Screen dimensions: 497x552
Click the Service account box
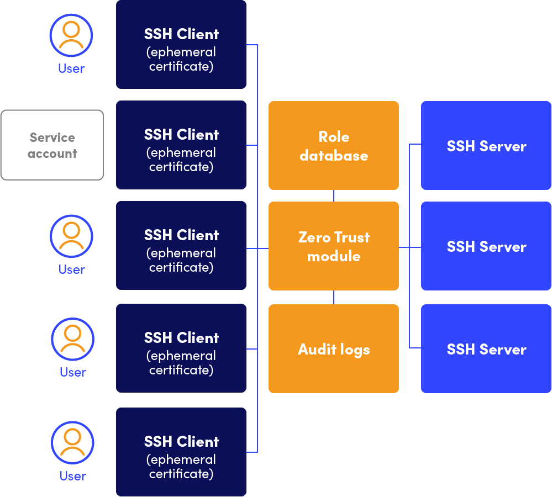[52, 145]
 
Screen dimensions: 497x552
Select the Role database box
[333, 146]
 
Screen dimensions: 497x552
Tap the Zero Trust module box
[333, 246]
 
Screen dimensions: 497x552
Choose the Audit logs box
[333, 349]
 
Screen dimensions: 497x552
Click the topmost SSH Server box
[486, 146]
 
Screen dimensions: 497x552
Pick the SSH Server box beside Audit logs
[486, 349]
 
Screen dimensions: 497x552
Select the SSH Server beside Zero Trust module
[486, 246]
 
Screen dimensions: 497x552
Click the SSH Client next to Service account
[181, 145]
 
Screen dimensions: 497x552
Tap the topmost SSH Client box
[181, 44]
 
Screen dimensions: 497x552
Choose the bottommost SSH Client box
[181, 452]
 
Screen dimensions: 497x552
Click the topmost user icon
[71, 35]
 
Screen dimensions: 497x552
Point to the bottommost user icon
[72, 443]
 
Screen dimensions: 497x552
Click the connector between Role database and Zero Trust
[333, 195]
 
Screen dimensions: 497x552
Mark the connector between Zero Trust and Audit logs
[333, 297]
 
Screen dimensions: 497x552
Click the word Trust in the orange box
[351, 237]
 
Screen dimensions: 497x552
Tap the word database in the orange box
[334, 156]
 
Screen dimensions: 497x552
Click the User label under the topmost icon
[71, 69]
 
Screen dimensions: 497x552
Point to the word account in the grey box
[52, 154]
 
